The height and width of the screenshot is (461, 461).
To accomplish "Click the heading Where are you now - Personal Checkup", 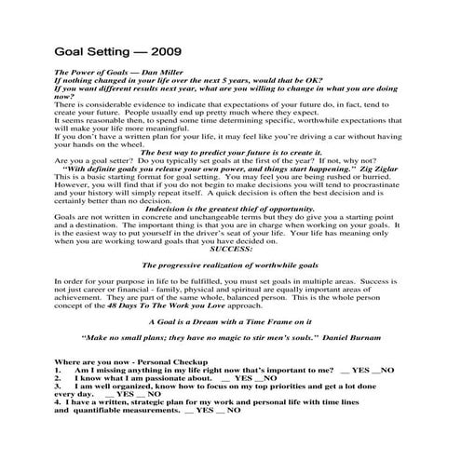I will [x=121, y=360].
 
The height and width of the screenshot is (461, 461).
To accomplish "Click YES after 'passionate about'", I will [x=243, y=377].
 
